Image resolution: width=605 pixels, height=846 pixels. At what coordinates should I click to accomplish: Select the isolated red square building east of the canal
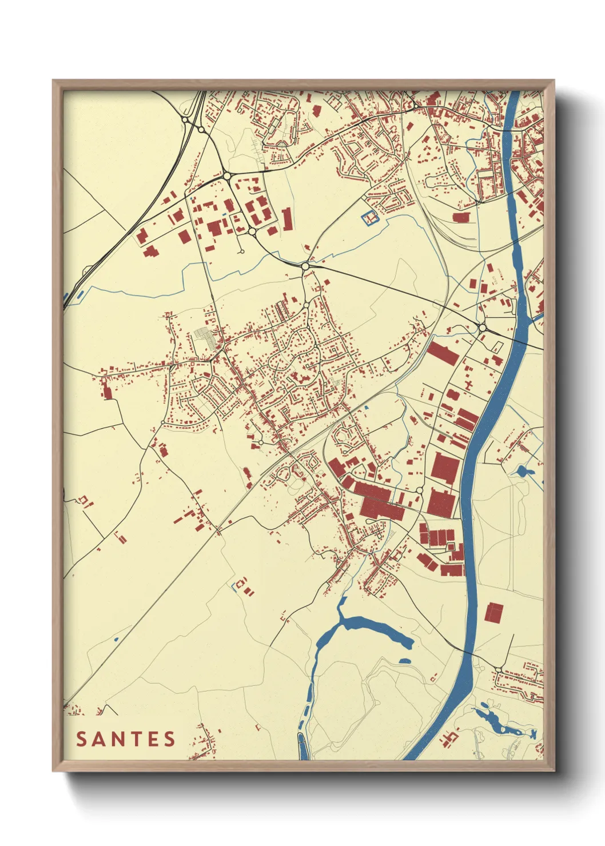(x=494, y=612)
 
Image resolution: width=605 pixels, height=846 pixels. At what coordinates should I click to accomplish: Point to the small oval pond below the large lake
(x=404, y=661)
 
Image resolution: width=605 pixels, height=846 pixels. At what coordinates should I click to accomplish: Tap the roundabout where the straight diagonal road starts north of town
(x=305, y=266)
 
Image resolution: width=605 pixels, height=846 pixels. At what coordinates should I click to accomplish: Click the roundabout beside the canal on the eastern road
(x=482, y=328)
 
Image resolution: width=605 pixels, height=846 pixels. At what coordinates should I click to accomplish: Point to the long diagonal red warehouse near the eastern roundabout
(x=443, y=353)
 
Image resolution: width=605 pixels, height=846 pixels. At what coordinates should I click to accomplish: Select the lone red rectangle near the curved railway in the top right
(x=461, y=217)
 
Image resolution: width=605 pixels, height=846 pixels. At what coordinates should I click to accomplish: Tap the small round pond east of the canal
(x=522, y=472)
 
